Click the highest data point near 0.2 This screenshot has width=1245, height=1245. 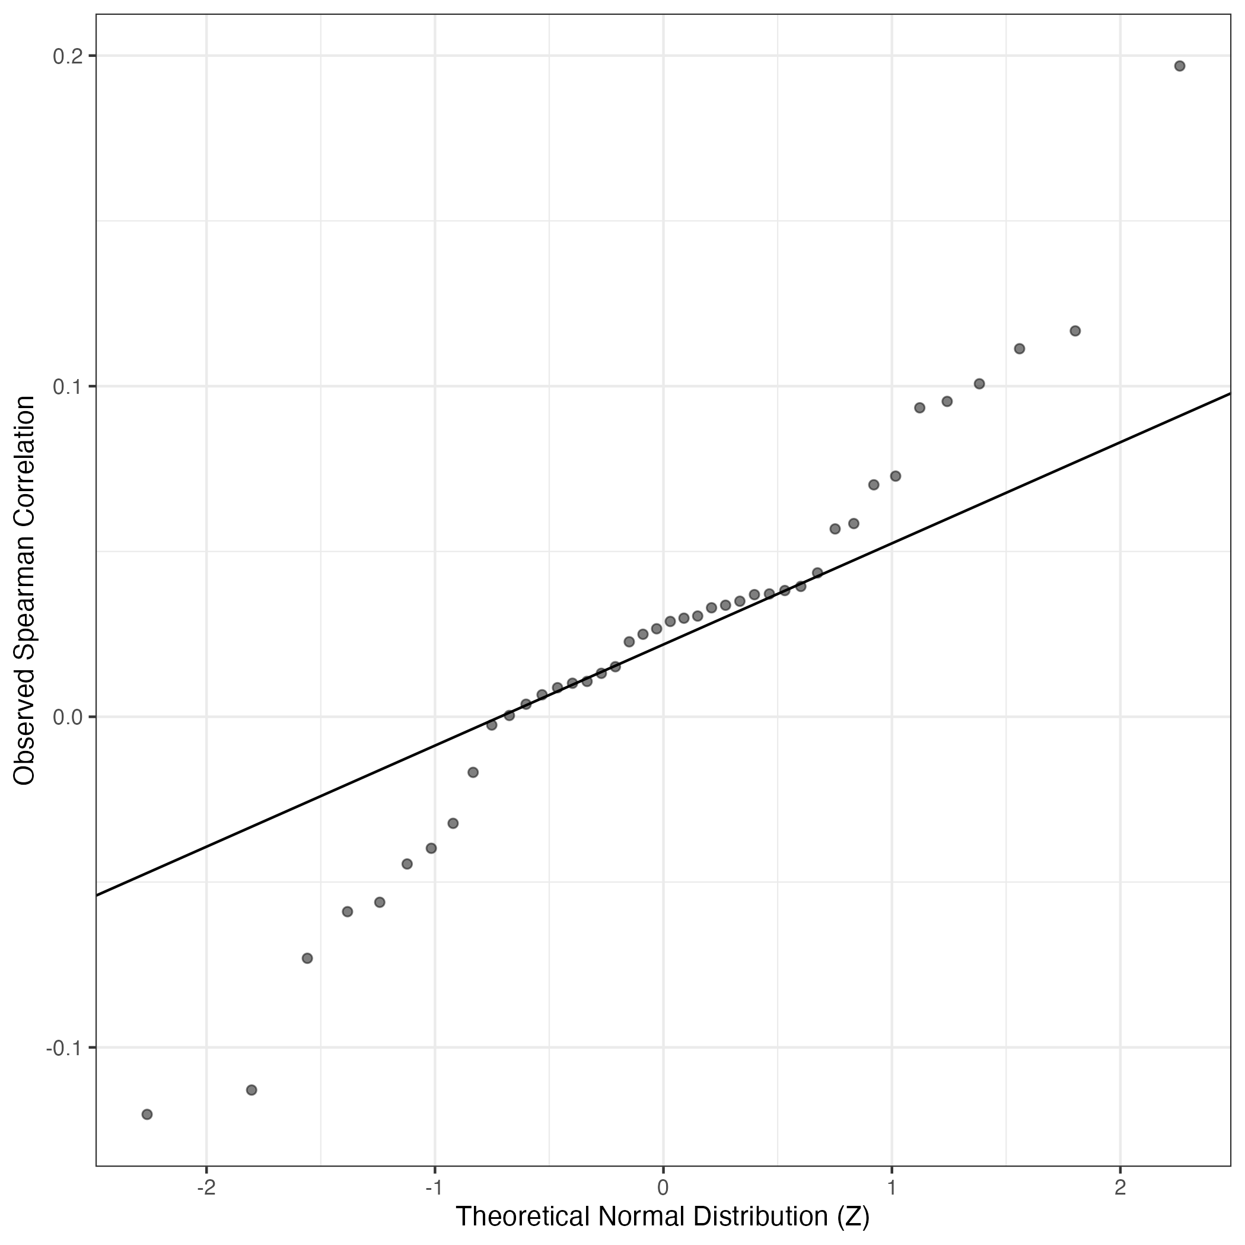coord(1179,66)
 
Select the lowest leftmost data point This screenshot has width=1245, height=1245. coord(147,1114)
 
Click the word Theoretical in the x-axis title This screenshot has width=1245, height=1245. coord(523,1216)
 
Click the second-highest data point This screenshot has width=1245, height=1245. coord(1075,330)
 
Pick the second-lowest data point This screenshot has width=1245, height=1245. coord(252,1090)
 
